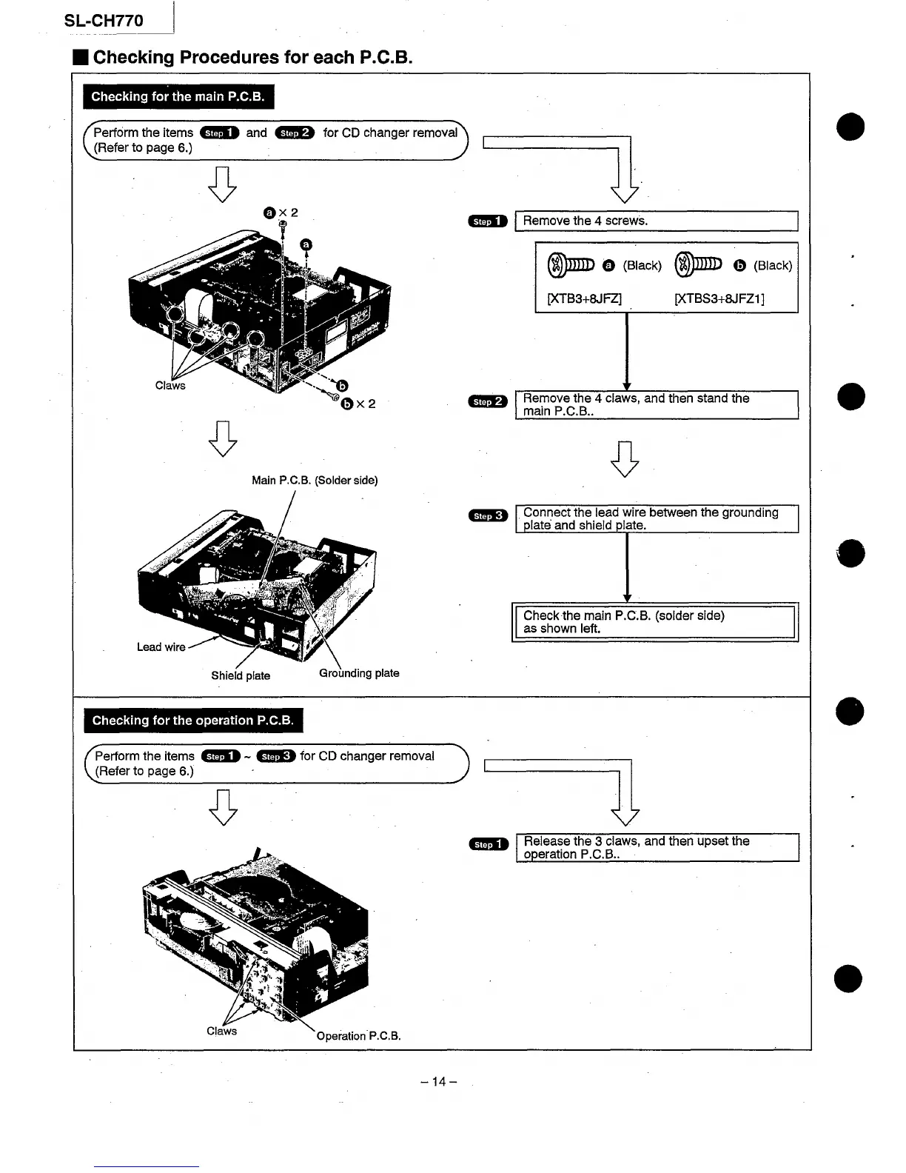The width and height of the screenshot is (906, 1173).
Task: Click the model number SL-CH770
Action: [104, 21]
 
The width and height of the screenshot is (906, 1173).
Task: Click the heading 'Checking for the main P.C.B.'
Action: [178, 97]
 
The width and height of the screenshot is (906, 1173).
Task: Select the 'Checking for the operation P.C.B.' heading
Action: [193, 721]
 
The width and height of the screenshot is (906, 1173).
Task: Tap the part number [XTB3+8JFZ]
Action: [583, 298]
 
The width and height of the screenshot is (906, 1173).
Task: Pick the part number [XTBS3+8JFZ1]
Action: [719, 298]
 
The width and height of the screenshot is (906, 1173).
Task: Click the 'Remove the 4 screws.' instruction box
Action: [656, 221]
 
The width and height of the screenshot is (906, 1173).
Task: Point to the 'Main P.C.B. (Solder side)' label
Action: [315, 481]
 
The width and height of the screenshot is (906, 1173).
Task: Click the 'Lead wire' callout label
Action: [161, 647]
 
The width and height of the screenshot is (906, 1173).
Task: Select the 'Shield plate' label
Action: [241, 675]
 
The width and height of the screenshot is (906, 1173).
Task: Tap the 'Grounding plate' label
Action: [359, 673]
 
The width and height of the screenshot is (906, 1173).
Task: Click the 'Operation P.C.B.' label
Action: [358, 1036]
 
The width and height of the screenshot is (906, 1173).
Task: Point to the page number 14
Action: [439, 1082]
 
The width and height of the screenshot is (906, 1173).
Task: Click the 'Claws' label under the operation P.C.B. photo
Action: [221, 1031]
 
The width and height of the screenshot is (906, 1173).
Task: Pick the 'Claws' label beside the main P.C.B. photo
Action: [170, 386]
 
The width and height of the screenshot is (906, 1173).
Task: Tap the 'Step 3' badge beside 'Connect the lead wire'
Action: [488, 515]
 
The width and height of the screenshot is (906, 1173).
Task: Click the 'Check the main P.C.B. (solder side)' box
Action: [655, 622]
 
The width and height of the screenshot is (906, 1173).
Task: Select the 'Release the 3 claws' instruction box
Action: [657, 848]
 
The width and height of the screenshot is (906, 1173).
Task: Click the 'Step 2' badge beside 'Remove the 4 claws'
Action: [488, 401]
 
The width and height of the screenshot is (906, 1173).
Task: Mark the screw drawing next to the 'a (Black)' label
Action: [571, 265]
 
